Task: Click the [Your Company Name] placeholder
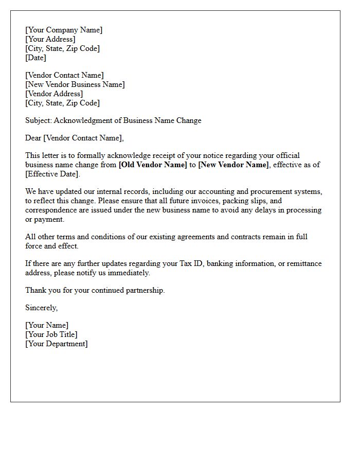64,30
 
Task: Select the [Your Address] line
50,39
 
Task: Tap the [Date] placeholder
36,58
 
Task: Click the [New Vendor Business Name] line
75,84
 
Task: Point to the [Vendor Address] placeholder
54,94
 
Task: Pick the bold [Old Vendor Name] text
153,165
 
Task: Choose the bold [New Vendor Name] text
233,165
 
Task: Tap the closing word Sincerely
41,308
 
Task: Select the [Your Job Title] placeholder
51,334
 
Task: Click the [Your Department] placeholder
57,344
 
